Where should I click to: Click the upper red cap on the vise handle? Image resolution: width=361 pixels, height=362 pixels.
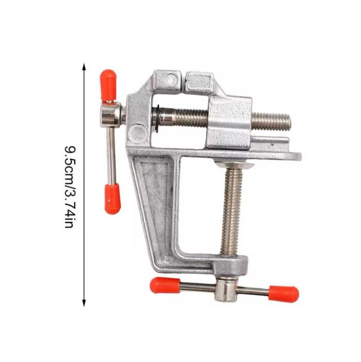coord(108,84)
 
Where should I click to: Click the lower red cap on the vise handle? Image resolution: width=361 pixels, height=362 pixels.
coord(113,199)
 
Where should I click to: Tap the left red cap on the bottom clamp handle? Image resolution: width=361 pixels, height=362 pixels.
coord(165,285)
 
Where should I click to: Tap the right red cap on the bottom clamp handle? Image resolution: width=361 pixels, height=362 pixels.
coord(284,294)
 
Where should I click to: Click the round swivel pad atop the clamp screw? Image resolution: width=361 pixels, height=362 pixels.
coord(234,165)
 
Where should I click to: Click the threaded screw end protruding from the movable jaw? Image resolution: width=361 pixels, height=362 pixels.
coord(271,122)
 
